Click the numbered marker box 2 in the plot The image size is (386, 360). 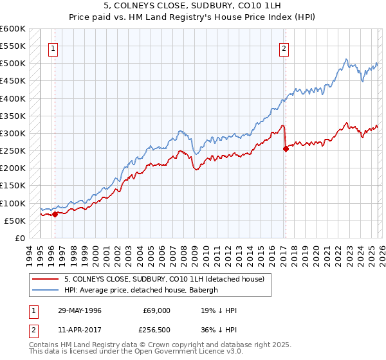coord(283,47)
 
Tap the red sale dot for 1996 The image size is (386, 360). coord(55,214)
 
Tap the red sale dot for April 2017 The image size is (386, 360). coord(286,148)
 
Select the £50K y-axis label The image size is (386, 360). coord(14,221)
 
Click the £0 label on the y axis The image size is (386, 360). coord(19,238)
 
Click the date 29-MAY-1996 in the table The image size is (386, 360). coord(80,310)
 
